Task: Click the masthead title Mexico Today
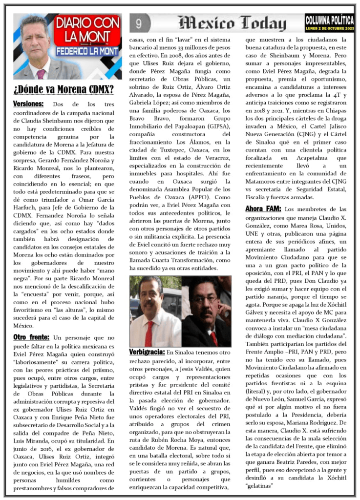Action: point(232,23)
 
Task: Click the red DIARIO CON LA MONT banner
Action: point(87,30)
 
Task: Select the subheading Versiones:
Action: point(28,104)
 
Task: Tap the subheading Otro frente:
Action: point(31,337)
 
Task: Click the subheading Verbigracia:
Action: point(147,352)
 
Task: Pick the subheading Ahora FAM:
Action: point(263,208)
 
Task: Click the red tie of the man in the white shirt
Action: point(149,333)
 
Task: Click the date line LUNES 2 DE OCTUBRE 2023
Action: point(330,29)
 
